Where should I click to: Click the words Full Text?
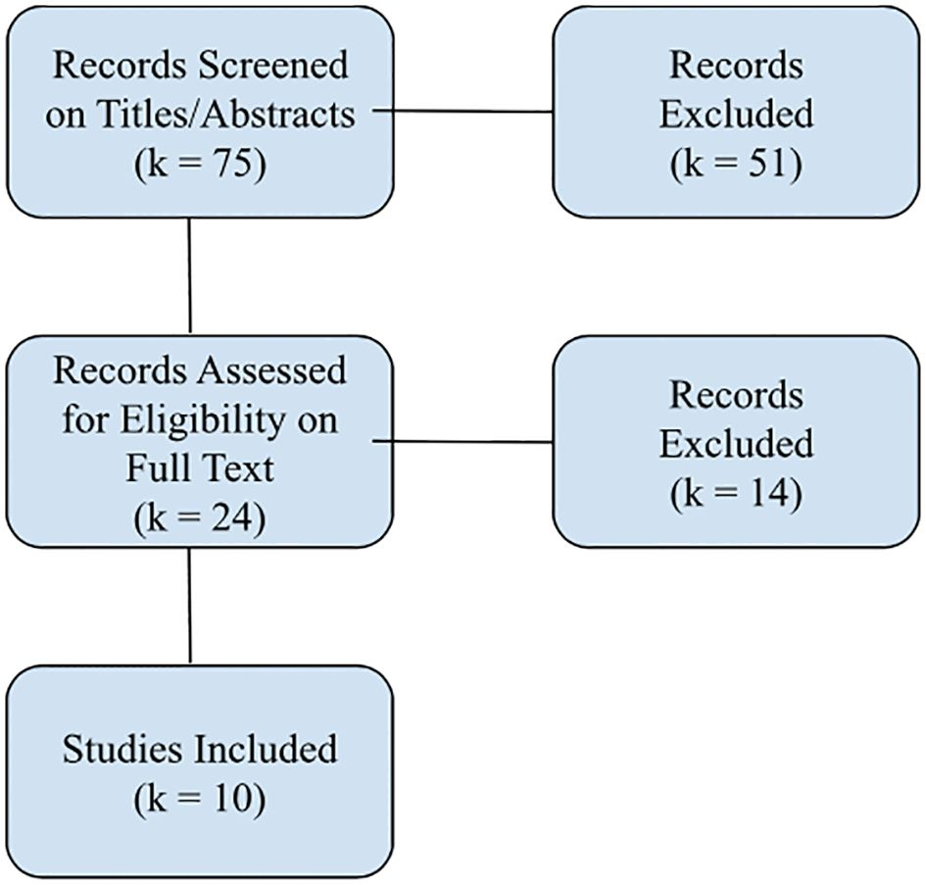pyautogui.click(x=200, y=467)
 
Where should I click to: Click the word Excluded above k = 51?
pyautogui.click(x=736, y=115)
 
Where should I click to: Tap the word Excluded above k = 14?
pyautogui.click(x=736, y=444)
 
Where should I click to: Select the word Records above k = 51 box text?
pyautogui.click(x=736, y=66)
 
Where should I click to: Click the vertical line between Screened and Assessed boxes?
pyautogui.click(x=189, y=276)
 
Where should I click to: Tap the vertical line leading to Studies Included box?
pyautogui.click(x=189, y=606)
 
